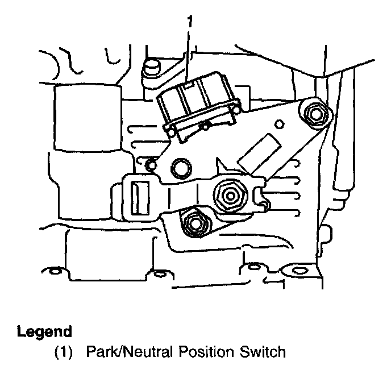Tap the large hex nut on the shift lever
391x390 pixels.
point(230,196)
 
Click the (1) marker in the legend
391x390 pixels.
point(64,352)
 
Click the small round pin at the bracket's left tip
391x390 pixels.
point(150,165)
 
